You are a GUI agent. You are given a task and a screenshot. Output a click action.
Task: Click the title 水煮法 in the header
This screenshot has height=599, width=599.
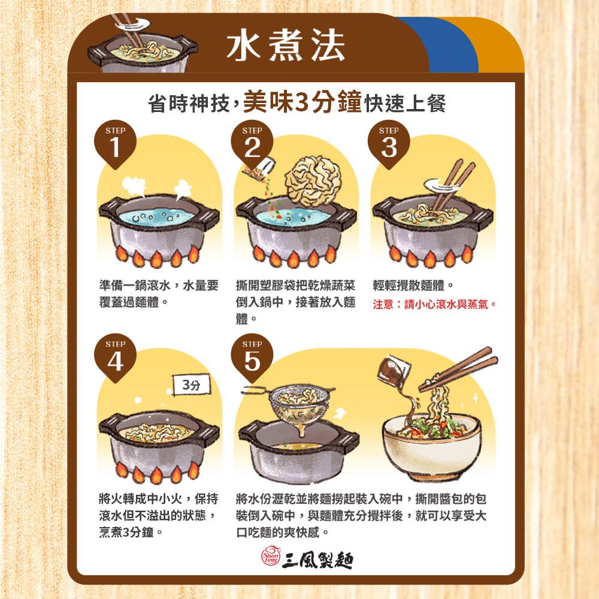point(286,46)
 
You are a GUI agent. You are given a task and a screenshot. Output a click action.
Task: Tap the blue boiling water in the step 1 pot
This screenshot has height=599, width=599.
point(159,214)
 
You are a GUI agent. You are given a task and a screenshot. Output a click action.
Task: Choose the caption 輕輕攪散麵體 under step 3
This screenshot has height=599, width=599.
point(415,285)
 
